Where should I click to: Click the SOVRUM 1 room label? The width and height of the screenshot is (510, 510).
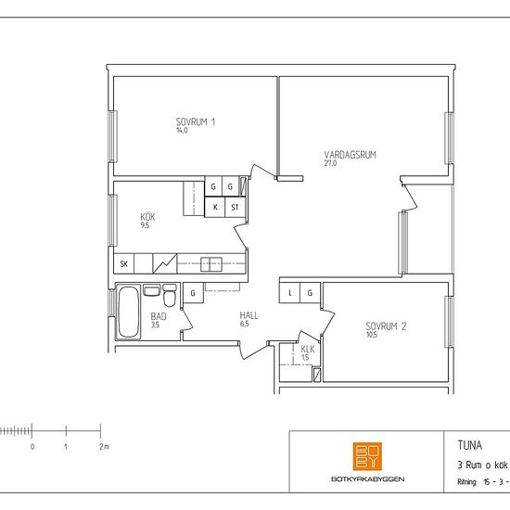pos(196,122)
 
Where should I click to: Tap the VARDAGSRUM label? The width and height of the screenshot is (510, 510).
pos(350,155)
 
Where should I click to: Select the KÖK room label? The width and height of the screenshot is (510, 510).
pos(147,217)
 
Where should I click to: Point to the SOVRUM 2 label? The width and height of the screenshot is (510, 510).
pos(386,326)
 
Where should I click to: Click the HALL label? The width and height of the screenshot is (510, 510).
pos(249,315)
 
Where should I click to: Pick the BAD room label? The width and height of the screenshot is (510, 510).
pos(159,316)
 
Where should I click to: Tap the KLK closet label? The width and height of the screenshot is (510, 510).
pos(308,350)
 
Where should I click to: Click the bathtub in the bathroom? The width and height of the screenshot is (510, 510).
pos(128,312)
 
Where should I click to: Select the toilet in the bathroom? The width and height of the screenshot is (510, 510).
pos(170,295)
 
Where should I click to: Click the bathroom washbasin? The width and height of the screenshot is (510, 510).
pos(152,290)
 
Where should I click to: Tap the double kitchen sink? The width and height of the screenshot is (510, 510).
pos(211,264)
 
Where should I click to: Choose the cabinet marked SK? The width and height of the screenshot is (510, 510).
pos(124,263)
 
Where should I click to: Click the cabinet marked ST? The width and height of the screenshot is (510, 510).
pos(235,207)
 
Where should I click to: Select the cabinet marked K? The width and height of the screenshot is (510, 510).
pos(215,207)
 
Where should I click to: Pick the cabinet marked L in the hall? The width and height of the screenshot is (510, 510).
pos(289,293)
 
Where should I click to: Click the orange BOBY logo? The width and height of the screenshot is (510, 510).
pos(367,456)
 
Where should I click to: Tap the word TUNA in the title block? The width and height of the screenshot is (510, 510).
pos(470,445)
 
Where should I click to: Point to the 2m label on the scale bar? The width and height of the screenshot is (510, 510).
pos(104,447)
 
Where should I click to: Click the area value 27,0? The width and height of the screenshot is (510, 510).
pos(330,163)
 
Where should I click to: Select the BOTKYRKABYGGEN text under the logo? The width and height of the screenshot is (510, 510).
pos(367,478)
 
